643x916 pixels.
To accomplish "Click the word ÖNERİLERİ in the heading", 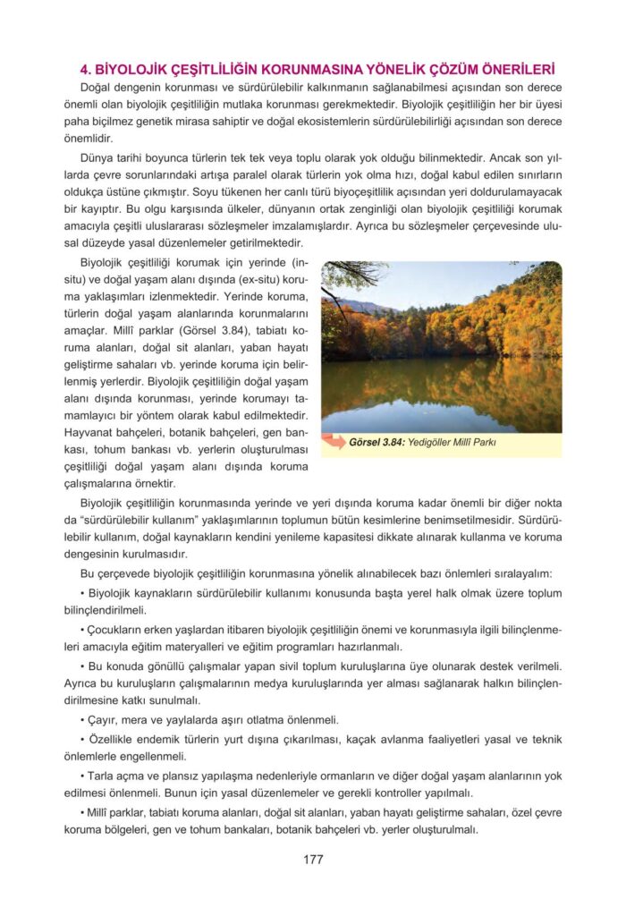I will [x=512, y=68].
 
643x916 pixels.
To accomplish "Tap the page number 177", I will [x=313, y=860].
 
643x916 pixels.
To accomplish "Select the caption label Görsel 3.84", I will [x=379, y=442].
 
